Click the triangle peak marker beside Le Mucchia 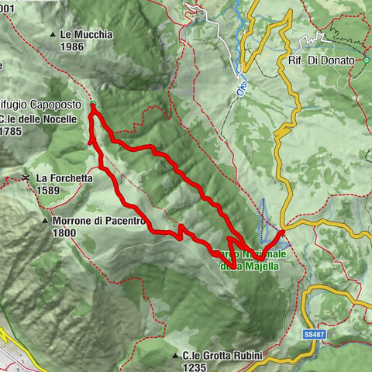53,35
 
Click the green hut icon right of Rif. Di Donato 366,60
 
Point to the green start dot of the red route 92,105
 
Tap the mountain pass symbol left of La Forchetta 26,178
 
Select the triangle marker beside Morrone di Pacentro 45,221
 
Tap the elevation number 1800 64,232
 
